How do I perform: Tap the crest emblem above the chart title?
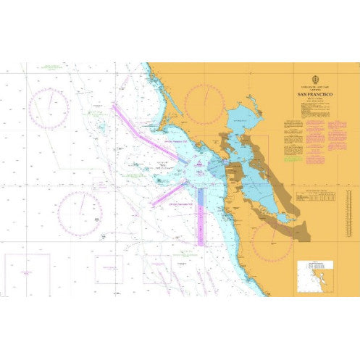coord(314,80)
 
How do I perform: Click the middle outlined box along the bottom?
coord(109,269)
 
